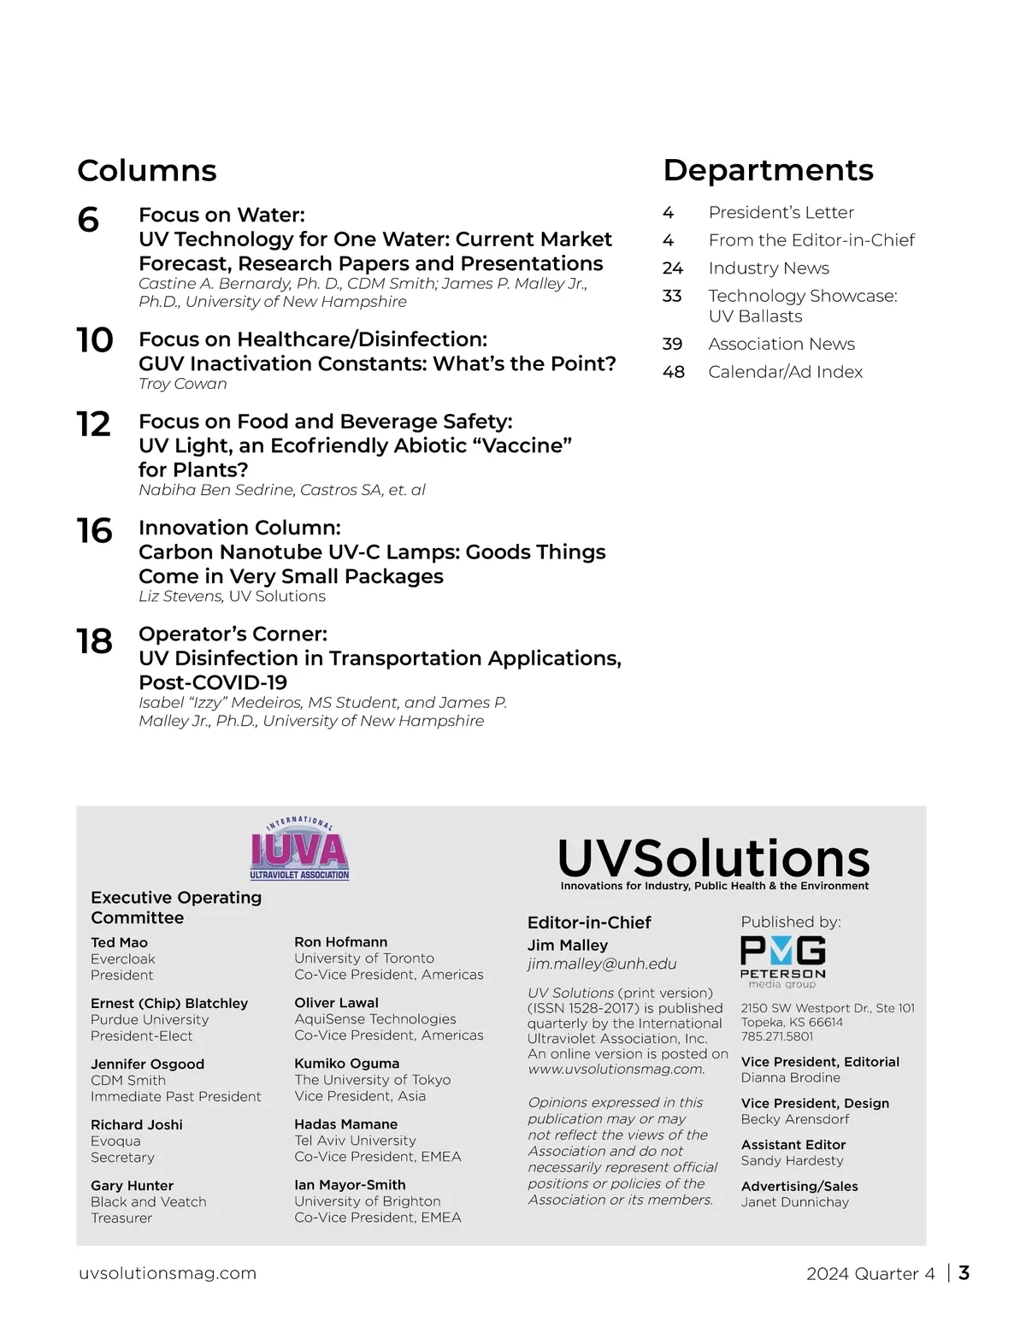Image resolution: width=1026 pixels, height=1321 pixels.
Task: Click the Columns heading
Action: pos(147,170)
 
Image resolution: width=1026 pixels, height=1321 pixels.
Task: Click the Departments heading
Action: pos(768,170)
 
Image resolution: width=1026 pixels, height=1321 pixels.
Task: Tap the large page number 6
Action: pos(88,221)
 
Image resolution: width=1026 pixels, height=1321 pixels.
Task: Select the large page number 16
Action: pos(94,531)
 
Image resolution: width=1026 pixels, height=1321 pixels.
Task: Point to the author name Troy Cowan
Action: pos(183,384)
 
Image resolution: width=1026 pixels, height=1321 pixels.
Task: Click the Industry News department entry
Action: pos(769,268)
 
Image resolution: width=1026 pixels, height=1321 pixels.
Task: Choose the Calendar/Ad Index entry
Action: pos(785,372)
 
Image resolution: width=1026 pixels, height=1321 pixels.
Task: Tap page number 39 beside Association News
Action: pos(672,345)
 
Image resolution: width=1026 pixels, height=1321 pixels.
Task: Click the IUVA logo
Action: pos(299,850)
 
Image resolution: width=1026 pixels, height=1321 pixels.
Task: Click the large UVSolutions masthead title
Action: pos(714,858)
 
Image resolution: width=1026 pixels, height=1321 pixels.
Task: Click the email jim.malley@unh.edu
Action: pos(602,964)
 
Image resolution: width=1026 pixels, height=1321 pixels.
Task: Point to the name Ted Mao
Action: pos(120,942)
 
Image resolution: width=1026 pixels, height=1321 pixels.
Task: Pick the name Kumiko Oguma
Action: pos(346,1064)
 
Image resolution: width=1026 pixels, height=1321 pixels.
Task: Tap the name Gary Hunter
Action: pos(132,1186)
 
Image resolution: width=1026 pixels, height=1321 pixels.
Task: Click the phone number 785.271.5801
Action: pos(777,1036)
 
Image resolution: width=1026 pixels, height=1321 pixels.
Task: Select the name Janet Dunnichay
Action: pos(795,1202)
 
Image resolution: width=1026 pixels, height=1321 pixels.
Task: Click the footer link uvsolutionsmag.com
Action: pos(168,1273)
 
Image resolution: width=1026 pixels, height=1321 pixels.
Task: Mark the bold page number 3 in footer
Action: pos(964,1273)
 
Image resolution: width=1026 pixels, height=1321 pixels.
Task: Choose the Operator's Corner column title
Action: pos(233,634)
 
